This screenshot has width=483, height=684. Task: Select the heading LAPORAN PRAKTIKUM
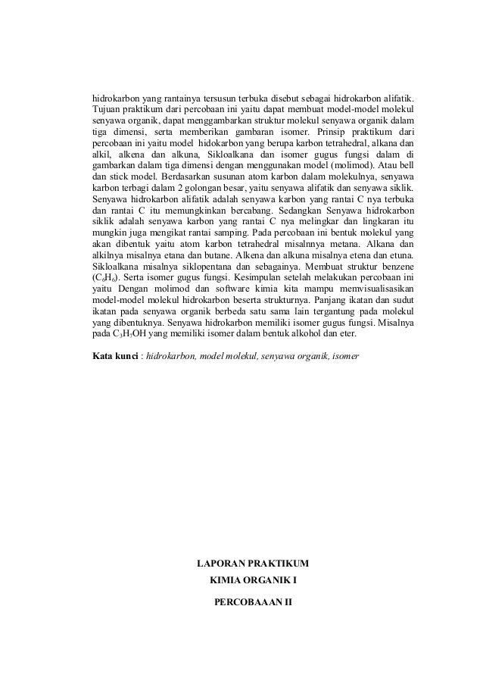[x=253, y=565]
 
